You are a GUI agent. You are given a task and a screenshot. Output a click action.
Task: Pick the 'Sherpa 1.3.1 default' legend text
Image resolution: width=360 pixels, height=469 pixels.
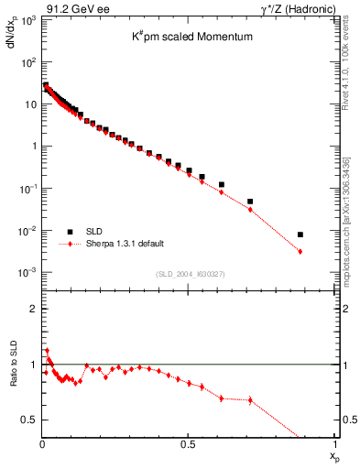(x=125, y=245)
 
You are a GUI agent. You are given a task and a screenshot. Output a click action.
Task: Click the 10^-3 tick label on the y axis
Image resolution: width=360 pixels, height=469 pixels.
(x=27, y=273)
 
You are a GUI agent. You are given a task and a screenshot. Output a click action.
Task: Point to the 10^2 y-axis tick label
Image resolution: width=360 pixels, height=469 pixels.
(x=27, y=62)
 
